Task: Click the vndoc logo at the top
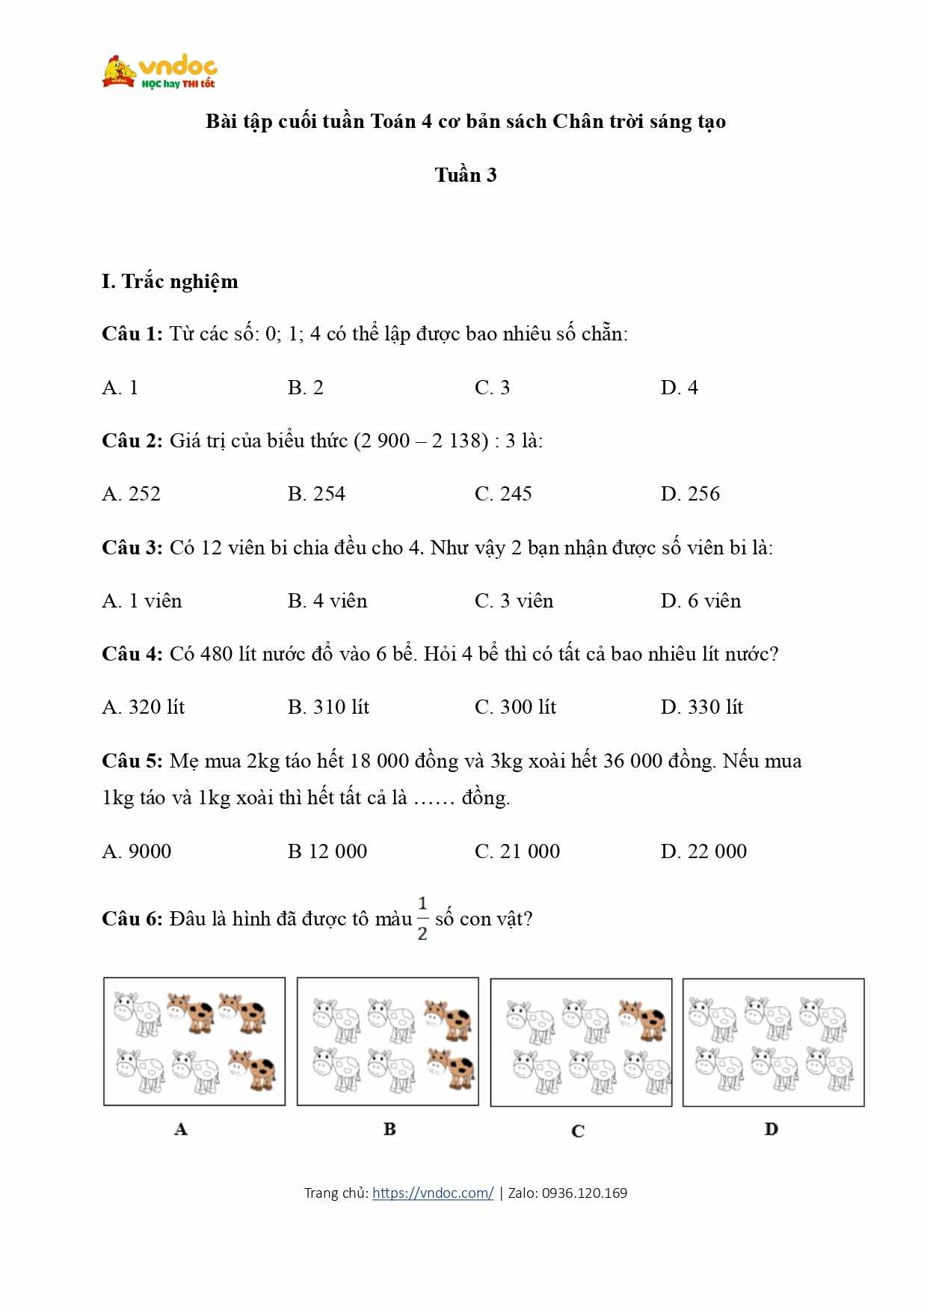click(x=160, y=72)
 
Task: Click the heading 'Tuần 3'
click(x=465, y=175)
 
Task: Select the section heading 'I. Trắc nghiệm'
click(x=170, y=281)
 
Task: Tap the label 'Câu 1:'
click(x=132, y=334)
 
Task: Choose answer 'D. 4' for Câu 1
click(x=679, y=388)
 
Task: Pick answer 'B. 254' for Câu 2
click(x=316, y=494)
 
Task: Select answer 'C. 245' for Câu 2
click(x=503, y=494)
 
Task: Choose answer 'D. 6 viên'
click(x=700, y=601)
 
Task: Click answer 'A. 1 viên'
click(x=142, y=601)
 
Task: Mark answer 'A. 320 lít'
click(x=144, y=707)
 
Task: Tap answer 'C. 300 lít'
click(x=515, y=707)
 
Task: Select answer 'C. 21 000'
click(x=517, y=851)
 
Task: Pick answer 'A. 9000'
click(x=137, y=851)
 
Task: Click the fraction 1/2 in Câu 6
click(x=422, y=918)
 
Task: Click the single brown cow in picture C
click(x=642, y=1019)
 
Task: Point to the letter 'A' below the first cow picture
click(x=181, y=1129)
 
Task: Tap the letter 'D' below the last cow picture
click(x=772, y=1129)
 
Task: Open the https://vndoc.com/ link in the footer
click(x=433, y=1193)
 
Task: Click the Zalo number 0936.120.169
click(x=585, y=1193)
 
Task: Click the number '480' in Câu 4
click(x=217, y=654)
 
